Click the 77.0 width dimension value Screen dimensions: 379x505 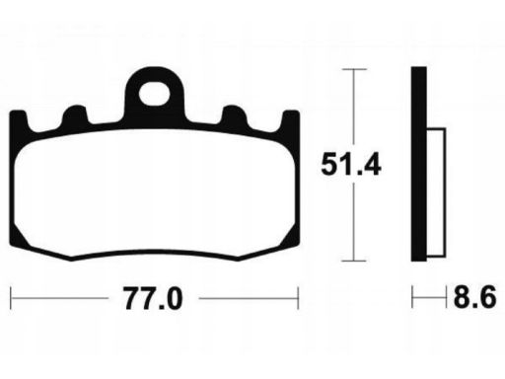click(x=154, y=297)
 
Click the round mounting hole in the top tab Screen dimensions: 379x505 click(x=154, y=96)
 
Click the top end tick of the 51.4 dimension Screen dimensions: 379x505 click(x=353, y=69)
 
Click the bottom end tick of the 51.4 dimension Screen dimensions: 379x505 click(x=353, y=261)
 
